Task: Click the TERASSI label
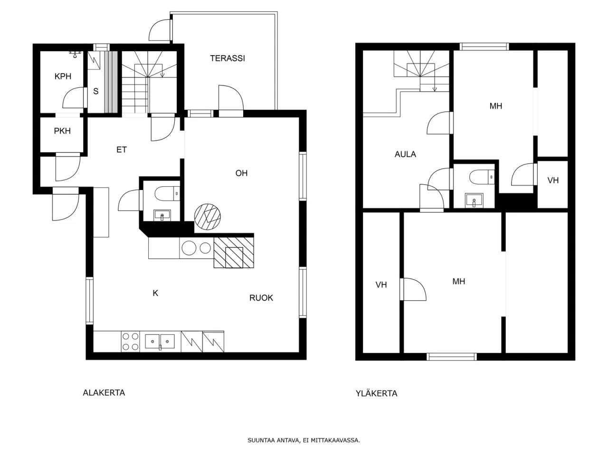click(227, 58)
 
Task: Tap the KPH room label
click(63, 76)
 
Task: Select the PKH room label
click(62, 131)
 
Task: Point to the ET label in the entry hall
click(121, 150)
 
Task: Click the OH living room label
click(241, 173)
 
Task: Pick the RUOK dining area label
click(261, 298)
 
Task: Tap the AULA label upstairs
click(405, 154)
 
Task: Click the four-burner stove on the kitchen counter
click(131, 342)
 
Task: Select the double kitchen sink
click(160, 342)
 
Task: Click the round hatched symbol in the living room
click(208, 217)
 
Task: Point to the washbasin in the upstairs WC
click(474, 200)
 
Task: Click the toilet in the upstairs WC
click(482, 177)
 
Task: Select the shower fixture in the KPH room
click(75, 54)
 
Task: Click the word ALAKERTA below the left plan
click(104, 393)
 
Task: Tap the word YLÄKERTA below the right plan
click(376, 393)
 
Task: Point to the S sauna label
click(96, 91)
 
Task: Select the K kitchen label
click(155, 293)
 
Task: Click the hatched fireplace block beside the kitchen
click(234, 253)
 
